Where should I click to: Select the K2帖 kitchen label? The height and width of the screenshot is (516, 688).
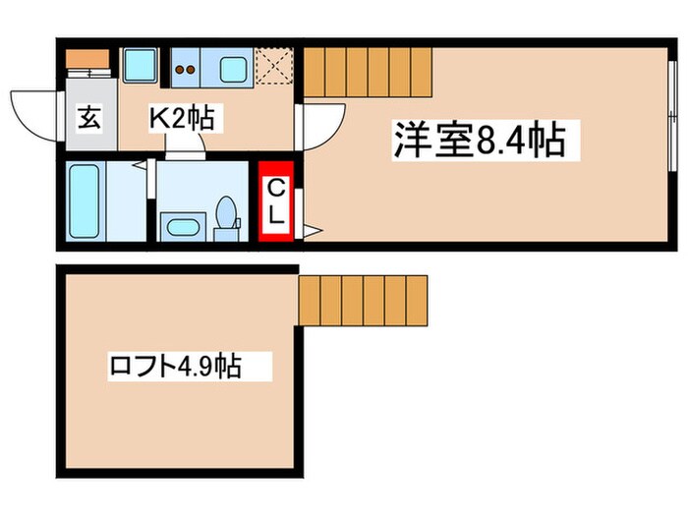click(x=183, y=120)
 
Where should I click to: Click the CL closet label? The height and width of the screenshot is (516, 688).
click(x=277, y=201)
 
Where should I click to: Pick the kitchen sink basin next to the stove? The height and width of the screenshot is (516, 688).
click(x=234, y=70)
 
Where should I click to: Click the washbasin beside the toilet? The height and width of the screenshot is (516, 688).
click(x=184, y=227)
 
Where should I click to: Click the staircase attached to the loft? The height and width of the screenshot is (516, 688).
click(x=364, y=301)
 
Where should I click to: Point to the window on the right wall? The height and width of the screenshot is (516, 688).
click(x=671, y=113)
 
